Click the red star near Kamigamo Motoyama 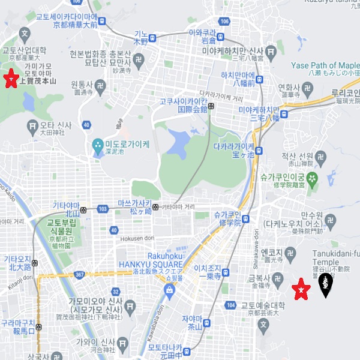pos(10,79)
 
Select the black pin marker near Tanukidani pos(325,285)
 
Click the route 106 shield pos(224,22)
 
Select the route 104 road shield pos(231,305)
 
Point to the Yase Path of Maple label pos(324,65)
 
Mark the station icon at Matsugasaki pos(155,207)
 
